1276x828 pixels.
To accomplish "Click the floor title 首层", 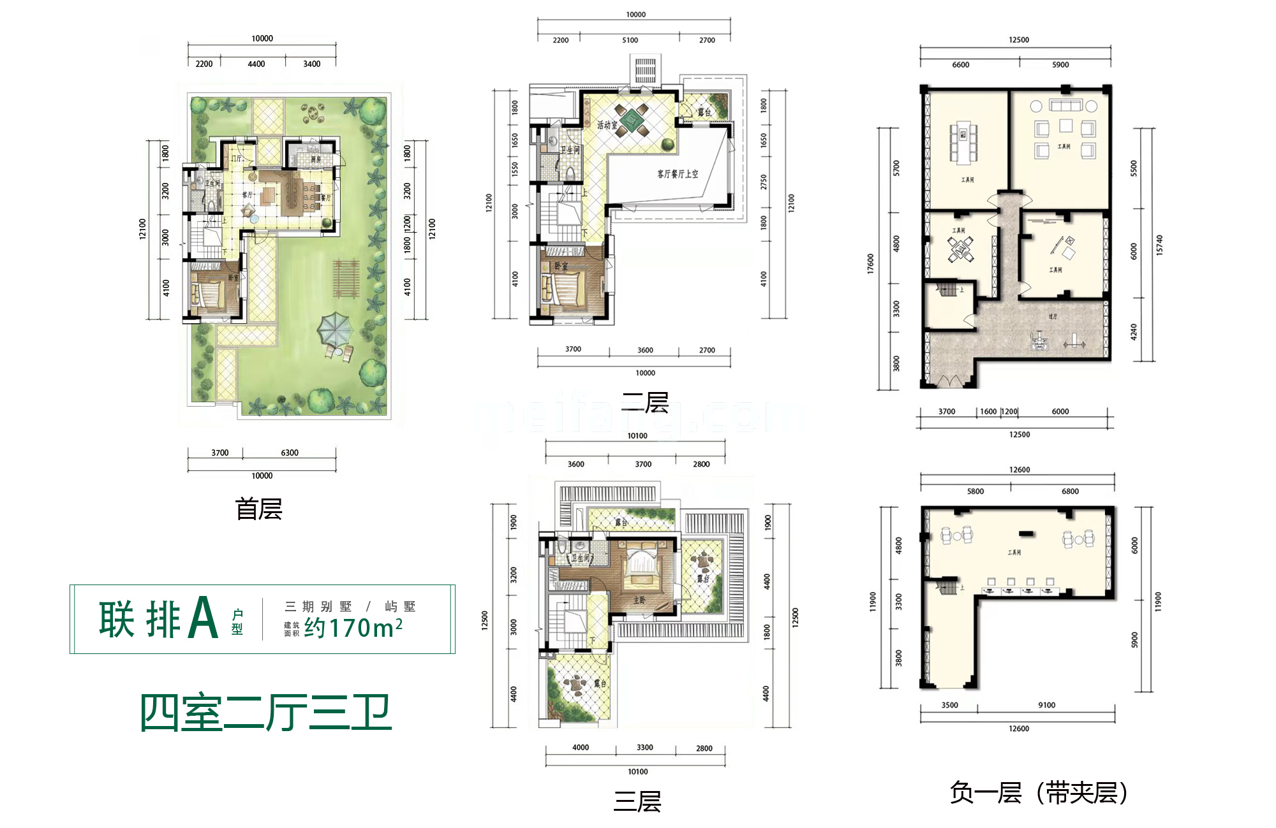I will (258, 509).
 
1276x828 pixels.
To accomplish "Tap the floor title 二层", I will (645, 403).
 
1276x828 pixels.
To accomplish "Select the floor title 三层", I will (637, 801).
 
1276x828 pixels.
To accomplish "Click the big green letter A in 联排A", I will (204, 618).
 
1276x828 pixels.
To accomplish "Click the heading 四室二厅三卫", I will (265, 713).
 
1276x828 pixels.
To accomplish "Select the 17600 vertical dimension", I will (870, 264).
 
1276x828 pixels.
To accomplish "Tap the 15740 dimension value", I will (1159, 245).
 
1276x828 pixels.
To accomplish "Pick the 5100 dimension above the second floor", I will (630, 40).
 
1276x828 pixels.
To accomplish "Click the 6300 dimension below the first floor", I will (290, 453).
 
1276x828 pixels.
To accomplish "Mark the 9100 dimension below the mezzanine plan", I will (1046, 705).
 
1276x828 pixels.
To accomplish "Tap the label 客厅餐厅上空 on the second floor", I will (678, 173).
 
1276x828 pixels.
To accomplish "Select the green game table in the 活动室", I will (631, 120).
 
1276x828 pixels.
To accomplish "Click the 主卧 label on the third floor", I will (639, 600).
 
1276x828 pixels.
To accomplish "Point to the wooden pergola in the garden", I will (346, 279).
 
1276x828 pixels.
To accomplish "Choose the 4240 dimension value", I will (1134, 331).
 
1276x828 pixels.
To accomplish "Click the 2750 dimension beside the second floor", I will (764, 182).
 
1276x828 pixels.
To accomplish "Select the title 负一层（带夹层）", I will (1038, 793).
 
